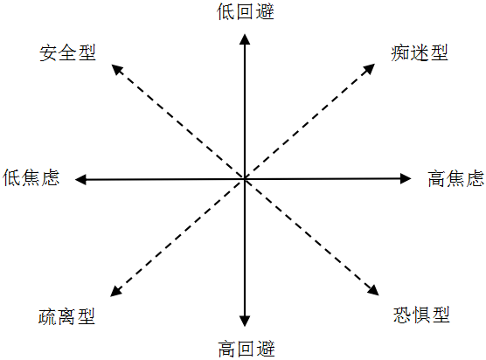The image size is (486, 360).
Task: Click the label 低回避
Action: coord(245,11)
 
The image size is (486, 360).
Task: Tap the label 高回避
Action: coord(246,349)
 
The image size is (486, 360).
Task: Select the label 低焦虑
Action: coord(31,177)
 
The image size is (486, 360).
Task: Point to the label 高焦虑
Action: coord(456,178)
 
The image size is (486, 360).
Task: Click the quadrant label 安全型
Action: coord(67,52)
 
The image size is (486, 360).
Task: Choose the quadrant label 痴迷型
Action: coord(420,52)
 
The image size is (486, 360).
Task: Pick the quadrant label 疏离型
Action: coord(66,316)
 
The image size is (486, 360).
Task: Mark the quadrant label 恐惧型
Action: coord(421,315)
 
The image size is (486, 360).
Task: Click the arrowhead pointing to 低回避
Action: coord(245,39)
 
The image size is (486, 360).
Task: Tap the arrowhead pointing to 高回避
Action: coord(245,321)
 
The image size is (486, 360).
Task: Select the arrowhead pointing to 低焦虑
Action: coord(81,179)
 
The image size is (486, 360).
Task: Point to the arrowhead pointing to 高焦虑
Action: coord(406,178)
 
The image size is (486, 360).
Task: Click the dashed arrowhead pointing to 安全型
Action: coord(117,69)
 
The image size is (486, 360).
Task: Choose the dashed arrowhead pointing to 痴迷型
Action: coord(369,69)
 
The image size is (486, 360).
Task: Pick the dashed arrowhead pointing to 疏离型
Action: coord(116,291)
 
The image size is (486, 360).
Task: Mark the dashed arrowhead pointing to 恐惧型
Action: coord(373,290)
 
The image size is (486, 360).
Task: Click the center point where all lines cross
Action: coord(245,179)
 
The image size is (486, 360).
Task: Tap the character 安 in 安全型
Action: coord(48,52)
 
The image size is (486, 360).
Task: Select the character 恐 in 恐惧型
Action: coord(402,315)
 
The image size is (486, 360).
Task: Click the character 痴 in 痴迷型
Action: coord(400,52)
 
